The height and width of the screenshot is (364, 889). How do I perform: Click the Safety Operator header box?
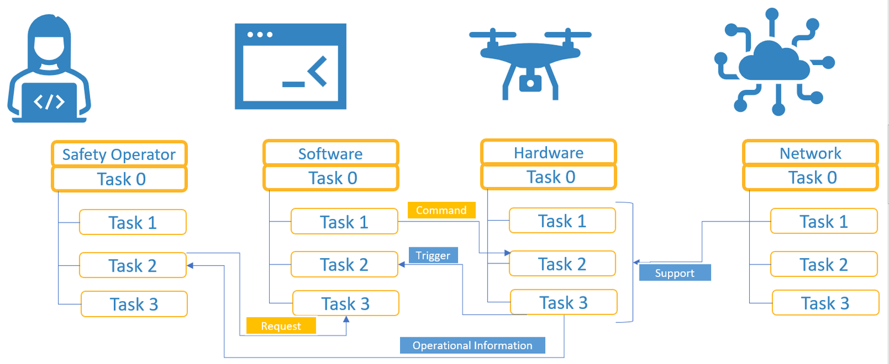pos(119,154)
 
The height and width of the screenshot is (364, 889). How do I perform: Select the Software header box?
pos(330,154)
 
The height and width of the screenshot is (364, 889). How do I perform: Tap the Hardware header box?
pos(548,153)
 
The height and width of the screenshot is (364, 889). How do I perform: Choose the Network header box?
pos(810,153)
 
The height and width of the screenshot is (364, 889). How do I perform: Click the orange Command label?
pos(441,210)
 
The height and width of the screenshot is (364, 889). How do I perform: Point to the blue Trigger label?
pos(433,256)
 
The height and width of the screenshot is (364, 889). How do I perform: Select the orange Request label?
pos(281,326)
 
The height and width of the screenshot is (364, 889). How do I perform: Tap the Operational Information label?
pos(472,346)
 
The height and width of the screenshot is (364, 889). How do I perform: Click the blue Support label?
pos(674,273)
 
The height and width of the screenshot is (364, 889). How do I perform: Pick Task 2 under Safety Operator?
pos(133,266)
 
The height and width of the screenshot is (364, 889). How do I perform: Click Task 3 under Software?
pos(346,304)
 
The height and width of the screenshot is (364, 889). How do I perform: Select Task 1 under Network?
pos(823,221)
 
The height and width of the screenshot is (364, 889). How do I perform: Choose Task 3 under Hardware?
pos(564,302)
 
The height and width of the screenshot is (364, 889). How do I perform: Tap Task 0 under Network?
pos(810,178)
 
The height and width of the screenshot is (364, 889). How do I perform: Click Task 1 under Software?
pos(344,222)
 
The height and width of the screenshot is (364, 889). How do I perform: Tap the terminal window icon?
pos(290,66)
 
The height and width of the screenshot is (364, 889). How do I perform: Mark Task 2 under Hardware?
pos(562,264)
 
